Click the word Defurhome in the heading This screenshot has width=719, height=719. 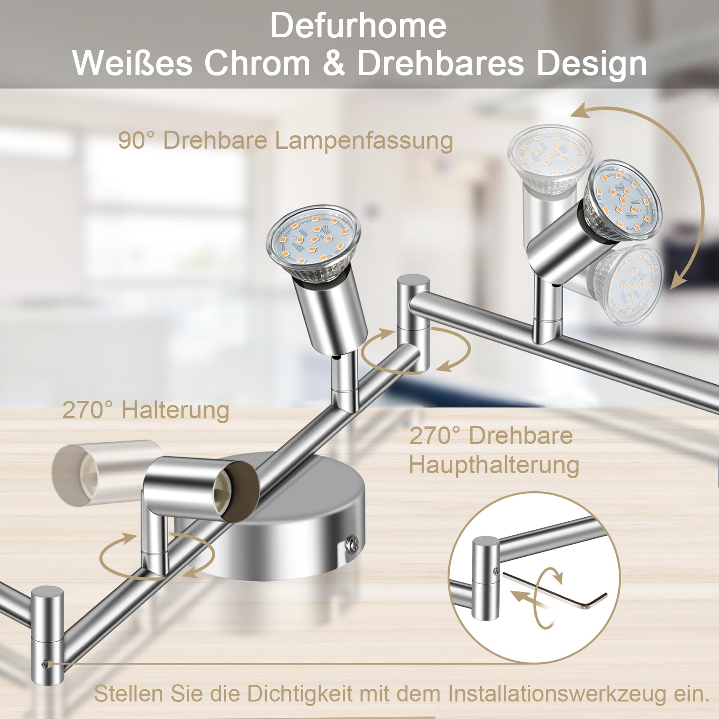[358, 26]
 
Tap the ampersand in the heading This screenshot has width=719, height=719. [333, 63]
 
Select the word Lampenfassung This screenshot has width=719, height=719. [364, 141]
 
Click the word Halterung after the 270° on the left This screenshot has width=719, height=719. [175, 410]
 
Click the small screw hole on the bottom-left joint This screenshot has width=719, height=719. [44, 664]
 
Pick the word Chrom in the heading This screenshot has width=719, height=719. [257, 63]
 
